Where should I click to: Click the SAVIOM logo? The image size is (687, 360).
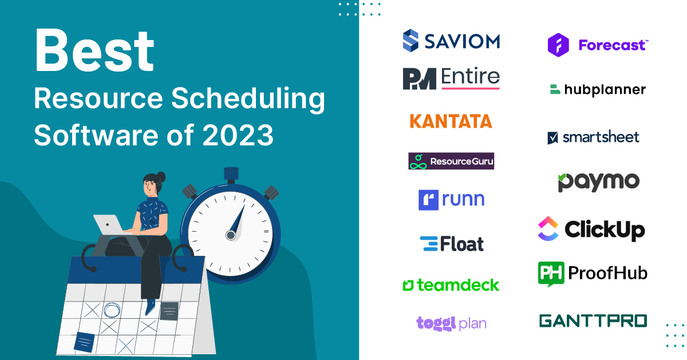(x=451, y=41)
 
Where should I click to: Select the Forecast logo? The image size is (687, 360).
(x=597, y=45)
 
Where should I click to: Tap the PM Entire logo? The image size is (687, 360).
(x=451, y=78)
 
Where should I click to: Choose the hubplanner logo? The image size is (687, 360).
(x=597, y=89)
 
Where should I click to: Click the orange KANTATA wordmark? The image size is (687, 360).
(x=451, y=121)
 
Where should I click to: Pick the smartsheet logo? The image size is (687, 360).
(x=593, y=137)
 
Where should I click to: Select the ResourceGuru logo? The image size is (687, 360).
(x=451, y=161)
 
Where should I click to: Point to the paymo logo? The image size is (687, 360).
(x=598, y=182)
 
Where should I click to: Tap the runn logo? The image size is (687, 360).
(x=451, y=199)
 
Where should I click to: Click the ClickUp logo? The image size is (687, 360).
(x=591, y=230)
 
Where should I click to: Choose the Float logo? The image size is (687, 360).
(x=451, y=244)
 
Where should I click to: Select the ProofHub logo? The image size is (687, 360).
(x=593, y=274)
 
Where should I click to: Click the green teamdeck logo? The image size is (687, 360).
(x=451, y=284)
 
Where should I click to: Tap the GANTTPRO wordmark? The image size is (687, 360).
(x=593, y=321)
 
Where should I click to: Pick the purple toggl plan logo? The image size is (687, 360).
(x=451, y=323)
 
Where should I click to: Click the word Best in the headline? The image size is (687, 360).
(x=94, y=52)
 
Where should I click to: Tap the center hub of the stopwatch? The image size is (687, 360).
(x=231, y=235)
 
